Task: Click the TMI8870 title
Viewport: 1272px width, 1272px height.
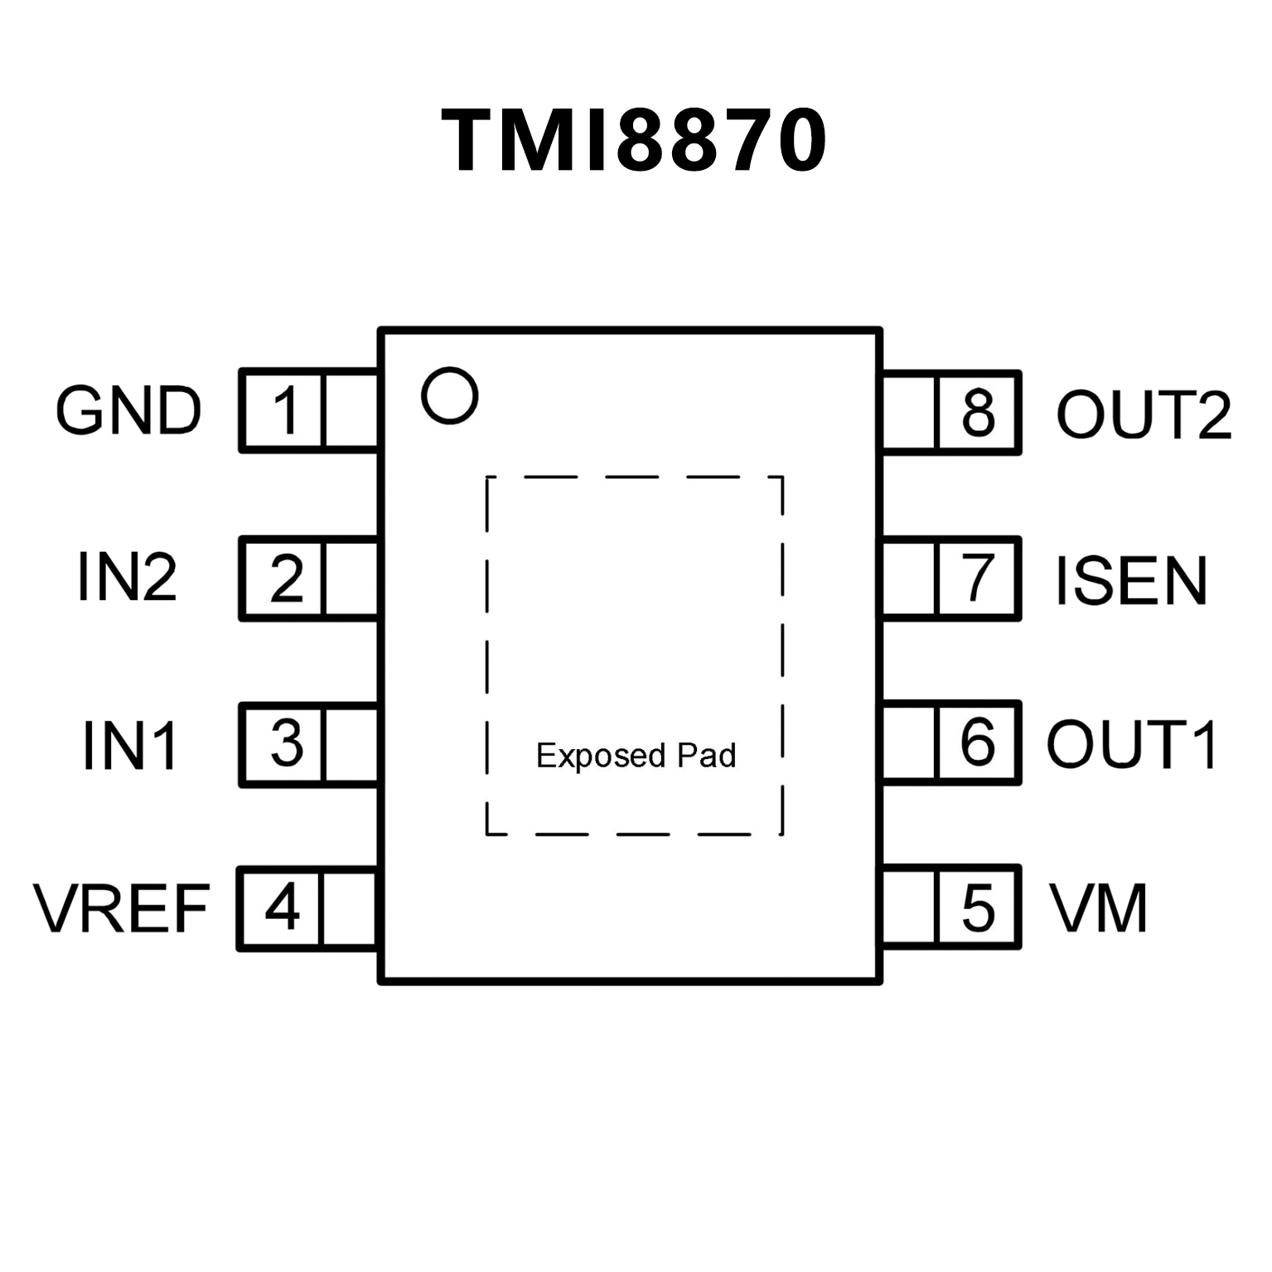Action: [x=635, y=141]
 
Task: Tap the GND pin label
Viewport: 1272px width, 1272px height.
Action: [x=128, y=411]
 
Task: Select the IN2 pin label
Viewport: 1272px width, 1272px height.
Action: [x=127, y=578]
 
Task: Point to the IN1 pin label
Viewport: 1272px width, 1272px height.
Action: [x=130, y=745]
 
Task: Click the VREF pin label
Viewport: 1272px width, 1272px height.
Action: [x=122, y=909]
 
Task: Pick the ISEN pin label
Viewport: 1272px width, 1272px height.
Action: [x=1131, y=580]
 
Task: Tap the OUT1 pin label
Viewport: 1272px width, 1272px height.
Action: [x=1132, y=743]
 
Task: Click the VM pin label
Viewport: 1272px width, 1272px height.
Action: [x=1099, y=908]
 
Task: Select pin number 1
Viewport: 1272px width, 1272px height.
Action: [x=286, y=411]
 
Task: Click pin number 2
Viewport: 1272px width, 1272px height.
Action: [x=287, y=578]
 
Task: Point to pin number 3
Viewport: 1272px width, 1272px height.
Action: [x=287, y=743]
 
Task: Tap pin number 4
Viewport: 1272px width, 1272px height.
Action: [x=283, y=907]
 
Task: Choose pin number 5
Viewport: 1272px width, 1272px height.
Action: [x=978, y=907]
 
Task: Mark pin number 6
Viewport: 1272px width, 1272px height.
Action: [x=978, y=742]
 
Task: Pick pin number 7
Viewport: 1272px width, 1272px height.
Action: [x=978, y=578]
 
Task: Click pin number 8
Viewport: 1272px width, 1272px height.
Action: [x=978, y=412]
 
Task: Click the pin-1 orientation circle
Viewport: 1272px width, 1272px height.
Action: [x=450, y=395]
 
